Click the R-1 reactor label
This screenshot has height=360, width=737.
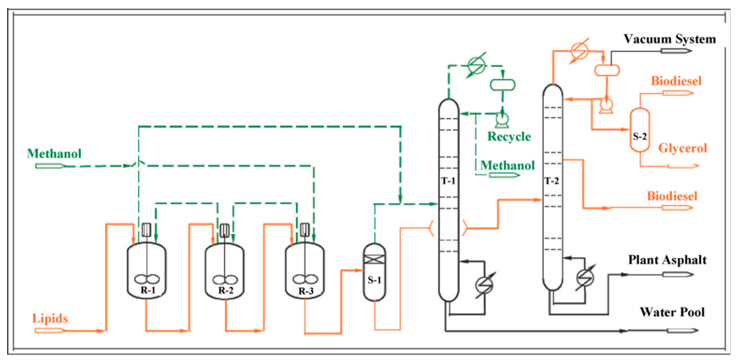148,290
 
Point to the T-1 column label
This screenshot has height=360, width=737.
448,181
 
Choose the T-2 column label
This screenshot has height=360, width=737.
551,181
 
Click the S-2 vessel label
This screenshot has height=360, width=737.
640,137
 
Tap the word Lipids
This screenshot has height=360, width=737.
50,318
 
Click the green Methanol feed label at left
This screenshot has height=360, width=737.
54,154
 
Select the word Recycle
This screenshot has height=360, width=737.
509,137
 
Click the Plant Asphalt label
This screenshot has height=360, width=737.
667,260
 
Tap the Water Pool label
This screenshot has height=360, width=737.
672,312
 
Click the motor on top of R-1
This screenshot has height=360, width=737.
146,229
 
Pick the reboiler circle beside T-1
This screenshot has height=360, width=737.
484,285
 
